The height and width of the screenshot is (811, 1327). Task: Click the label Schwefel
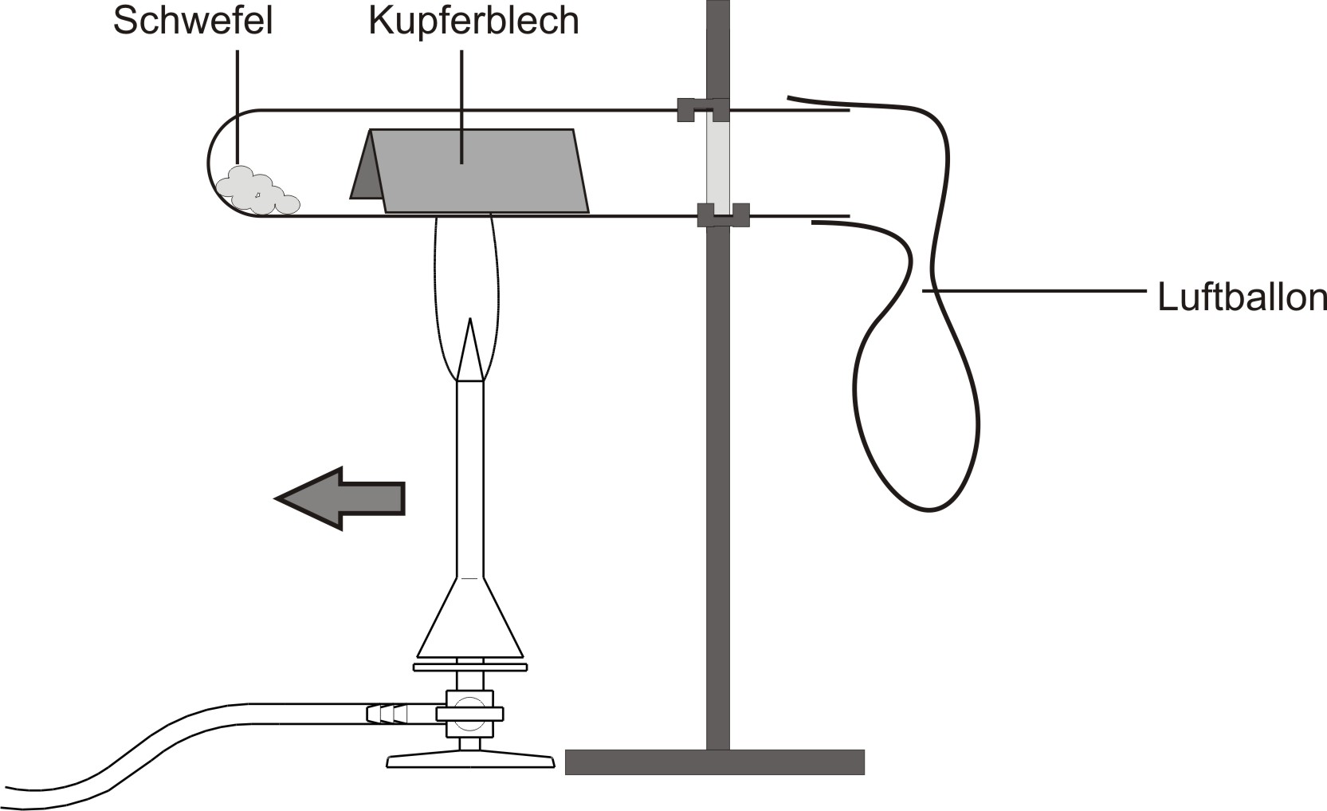193,21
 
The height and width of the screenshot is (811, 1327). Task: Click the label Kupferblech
473,21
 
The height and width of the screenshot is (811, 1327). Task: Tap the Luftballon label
1241,297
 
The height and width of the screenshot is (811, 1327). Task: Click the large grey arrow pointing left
340,498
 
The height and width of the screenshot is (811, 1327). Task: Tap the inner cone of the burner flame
470,351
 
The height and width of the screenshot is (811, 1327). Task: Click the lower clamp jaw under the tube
722,215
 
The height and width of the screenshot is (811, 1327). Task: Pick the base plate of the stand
714,762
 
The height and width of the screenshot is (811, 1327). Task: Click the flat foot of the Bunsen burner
470,761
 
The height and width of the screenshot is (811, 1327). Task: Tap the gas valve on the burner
469,713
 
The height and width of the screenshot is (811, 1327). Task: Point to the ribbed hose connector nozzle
387,713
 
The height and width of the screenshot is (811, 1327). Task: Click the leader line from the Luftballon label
1036,292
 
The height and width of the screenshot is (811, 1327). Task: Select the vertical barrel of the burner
469,478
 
